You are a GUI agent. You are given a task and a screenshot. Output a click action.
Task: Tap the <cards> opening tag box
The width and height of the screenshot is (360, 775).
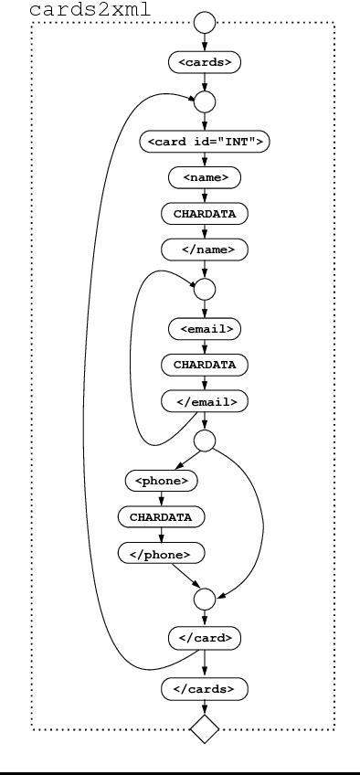pyautogui.click(x=205, y=62)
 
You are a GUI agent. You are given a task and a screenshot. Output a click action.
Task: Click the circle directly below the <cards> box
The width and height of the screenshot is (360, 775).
pyautogui.click(x=205, y=101)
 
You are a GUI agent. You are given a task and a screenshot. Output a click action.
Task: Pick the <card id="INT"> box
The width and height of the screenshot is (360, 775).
pyautogui.click(x=205, y=142)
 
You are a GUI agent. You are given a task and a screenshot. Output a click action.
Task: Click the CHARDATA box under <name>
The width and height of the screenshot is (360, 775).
pyautogui.click(x=205, y=213)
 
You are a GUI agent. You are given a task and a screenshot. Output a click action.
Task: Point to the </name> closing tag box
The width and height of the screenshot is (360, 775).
pyautogui.click(x=205, y=249)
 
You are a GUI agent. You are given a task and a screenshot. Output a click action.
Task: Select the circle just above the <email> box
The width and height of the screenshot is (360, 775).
pyautogui.click(x=205, y=289)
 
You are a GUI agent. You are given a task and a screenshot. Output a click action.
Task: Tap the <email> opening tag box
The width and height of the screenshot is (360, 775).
pyautogui.click(x=205, y=328)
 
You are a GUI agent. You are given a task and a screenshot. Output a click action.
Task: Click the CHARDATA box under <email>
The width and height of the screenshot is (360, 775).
pyautogui.click(x=205, y=364)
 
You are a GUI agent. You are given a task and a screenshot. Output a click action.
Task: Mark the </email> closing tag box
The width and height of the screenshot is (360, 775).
pyautogui.click(x=205, y=400)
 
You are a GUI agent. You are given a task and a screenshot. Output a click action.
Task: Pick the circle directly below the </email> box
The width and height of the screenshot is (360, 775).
pyautogui.click(x=205, y=441)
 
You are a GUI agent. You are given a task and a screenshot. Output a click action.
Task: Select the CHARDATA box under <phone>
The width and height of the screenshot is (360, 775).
pyautogui.click(x=161, y=516)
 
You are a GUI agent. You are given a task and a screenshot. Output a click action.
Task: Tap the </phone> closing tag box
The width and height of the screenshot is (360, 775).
pyautogui.click(x=161, y=553)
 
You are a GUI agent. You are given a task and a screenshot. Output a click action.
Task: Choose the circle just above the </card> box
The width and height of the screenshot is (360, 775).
pyautogui.click(x=205, y=599)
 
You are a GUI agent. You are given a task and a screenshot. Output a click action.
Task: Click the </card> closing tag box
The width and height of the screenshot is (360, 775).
pyautogui.click(x=205, y=638)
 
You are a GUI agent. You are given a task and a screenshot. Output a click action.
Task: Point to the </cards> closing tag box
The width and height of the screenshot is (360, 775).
pyautogui.click(x=205, y=688)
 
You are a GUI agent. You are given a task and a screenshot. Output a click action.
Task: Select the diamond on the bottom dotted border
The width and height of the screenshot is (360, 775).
pyautogui.click(x=205, y=728)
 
